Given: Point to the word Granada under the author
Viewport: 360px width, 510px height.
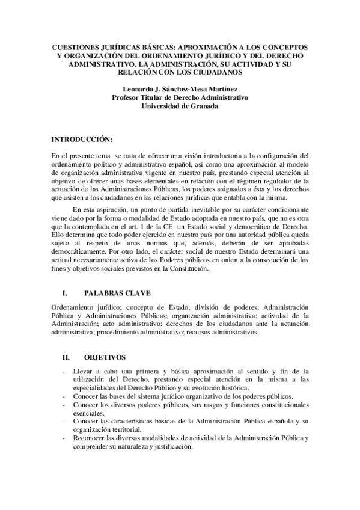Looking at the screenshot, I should pos(203,105).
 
